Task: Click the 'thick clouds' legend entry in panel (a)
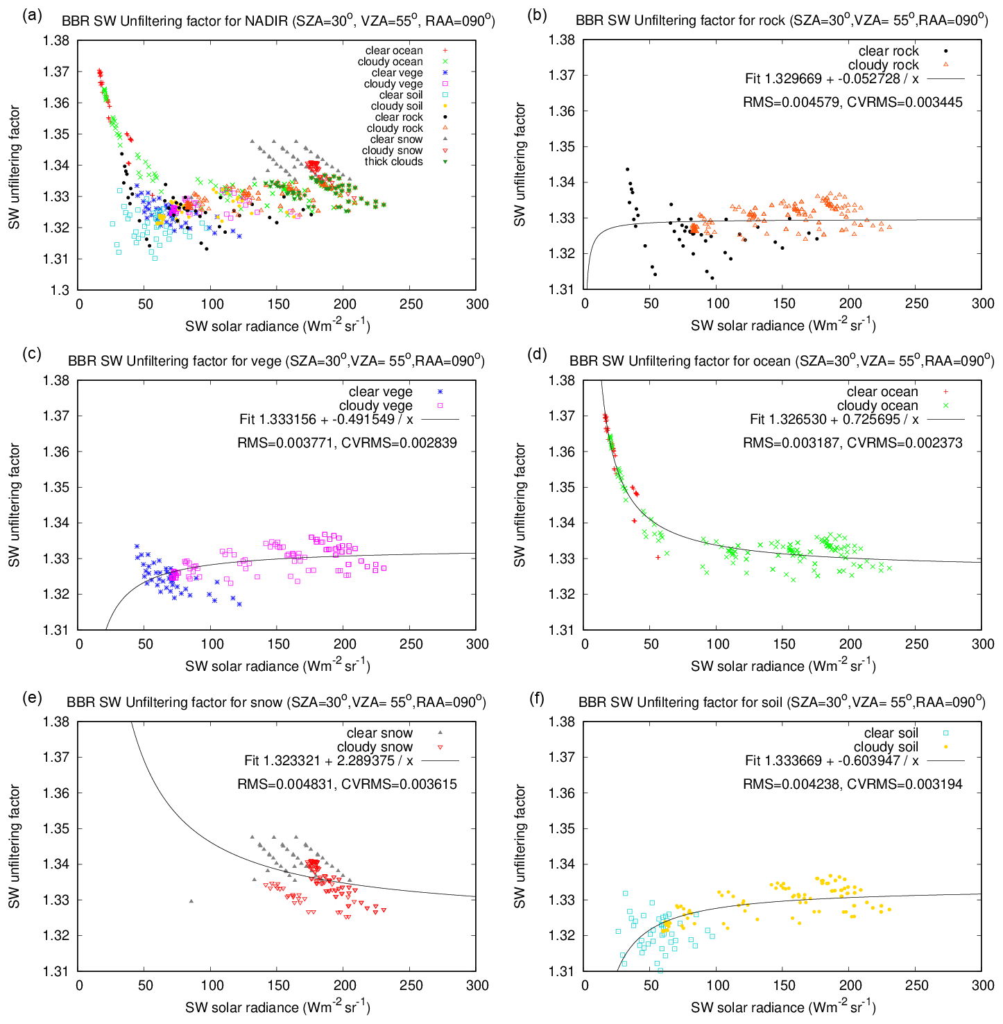point(394,162)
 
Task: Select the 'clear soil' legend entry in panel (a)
point(401,95)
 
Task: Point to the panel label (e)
point(32,698)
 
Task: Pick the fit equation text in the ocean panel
point(834,419)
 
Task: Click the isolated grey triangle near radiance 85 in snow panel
point(191,901)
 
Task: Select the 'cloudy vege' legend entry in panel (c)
point(376,406)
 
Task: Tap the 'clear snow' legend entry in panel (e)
point(379,733)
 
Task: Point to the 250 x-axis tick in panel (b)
point(916,303)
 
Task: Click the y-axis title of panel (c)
point(15,505)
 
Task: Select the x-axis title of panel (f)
point(783,1007)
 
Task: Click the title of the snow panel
point(276,702)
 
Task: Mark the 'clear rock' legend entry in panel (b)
point(889,51)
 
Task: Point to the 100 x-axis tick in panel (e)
point(212,985)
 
